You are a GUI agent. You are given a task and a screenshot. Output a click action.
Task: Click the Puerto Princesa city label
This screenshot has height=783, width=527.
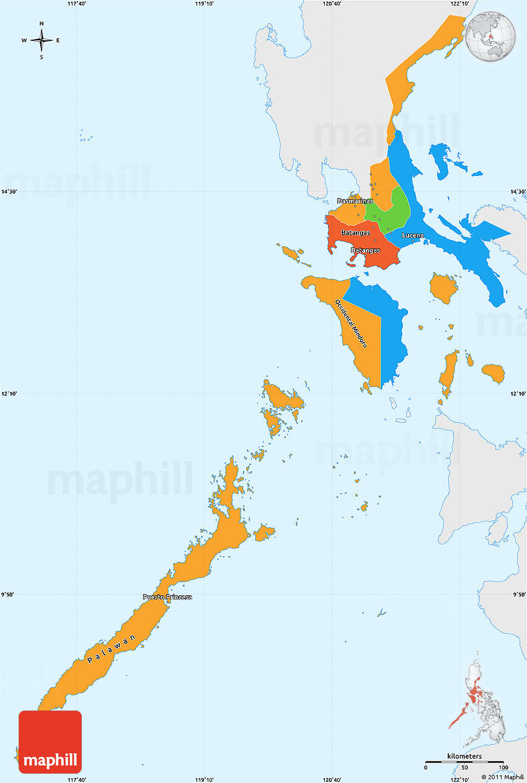[x=167, y=597]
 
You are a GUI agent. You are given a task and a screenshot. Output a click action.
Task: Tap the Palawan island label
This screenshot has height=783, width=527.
[x=112, y=650]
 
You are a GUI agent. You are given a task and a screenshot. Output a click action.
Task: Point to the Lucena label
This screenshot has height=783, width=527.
[x=413, y=235]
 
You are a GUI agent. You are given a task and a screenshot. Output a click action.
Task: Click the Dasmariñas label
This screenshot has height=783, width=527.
[x=355, y=201]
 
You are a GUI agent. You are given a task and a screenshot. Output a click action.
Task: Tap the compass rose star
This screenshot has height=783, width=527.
[x=42, y=41]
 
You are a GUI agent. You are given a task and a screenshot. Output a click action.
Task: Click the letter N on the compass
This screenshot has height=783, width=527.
[x=42, y=24]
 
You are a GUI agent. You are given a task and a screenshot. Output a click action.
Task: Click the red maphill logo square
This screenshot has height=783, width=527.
[x=50, y=741]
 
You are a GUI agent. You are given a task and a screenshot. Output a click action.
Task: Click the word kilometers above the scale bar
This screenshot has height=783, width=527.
[x=464, y=756]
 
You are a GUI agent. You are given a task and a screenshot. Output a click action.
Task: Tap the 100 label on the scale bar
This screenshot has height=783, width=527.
[x=503, y=768]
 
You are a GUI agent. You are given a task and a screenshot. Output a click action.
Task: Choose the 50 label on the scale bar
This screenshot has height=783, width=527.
[x=464, y=768]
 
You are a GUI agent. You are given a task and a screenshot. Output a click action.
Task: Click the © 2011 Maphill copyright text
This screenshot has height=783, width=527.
[x=502, y=777]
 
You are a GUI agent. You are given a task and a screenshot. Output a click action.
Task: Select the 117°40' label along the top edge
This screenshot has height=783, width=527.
[x=76, y=4]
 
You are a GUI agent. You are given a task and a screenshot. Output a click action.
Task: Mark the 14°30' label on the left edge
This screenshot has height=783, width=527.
[x=9, y=192]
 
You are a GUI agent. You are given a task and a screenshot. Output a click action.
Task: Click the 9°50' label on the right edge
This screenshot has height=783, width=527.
[x=518, y=595]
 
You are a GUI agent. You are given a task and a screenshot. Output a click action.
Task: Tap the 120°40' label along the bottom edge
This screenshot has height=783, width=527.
[x=332, y=779]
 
